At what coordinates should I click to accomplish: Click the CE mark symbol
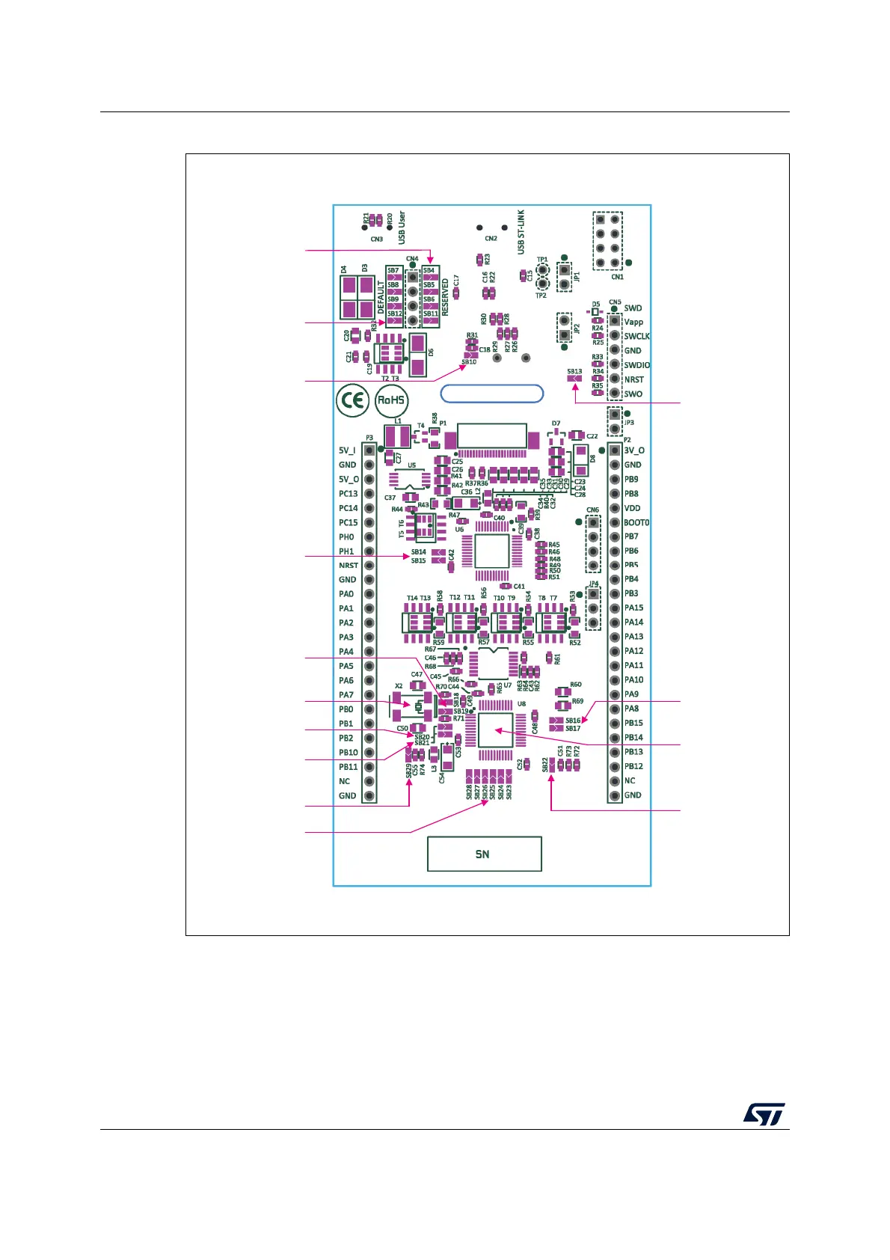point(352,401)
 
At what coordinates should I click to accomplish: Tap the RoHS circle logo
point(391,400)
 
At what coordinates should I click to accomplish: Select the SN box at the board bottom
point(484,854)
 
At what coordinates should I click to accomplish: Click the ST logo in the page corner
point(764,1114)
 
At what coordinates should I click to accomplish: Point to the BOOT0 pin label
point(636,522)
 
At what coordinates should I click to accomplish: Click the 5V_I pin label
point(347,450)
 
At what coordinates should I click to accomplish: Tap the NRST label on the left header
point(348,566)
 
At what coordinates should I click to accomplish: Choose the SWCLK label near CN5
point(636,337)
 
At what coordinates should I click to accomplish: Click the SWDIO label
point(636,365)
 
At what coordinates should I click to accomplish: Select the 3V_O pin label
point(634,450)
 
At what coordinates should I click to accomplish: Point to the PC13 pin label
point(349,494)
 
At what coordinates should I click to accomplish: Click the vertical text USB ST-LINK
point(521,232)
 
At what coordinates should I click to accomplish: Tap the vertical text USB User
point(402,227)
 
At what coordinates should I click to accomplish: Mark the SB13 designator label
point(574,371)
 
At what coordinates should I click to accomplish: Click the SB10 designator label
point(469,362)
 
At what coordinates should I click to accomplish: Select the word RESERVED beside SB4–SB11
point(446,297)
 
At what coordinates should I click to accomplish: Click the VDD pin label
point(633,508)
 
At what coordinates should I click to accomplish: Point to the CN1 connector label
point(617,277)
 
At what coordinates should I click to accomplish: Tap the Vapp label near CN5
point(633,322)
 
